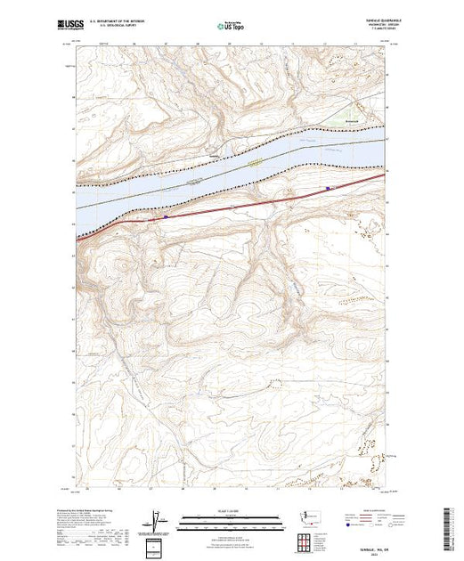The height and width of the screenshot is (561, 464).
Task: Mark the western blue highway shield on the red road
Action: (166, 215)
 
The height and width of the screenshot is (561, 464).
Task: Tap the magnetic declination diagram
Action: (158, 518)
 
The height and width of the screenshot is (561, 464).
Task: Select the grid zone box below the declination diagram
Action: (158, 543)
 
